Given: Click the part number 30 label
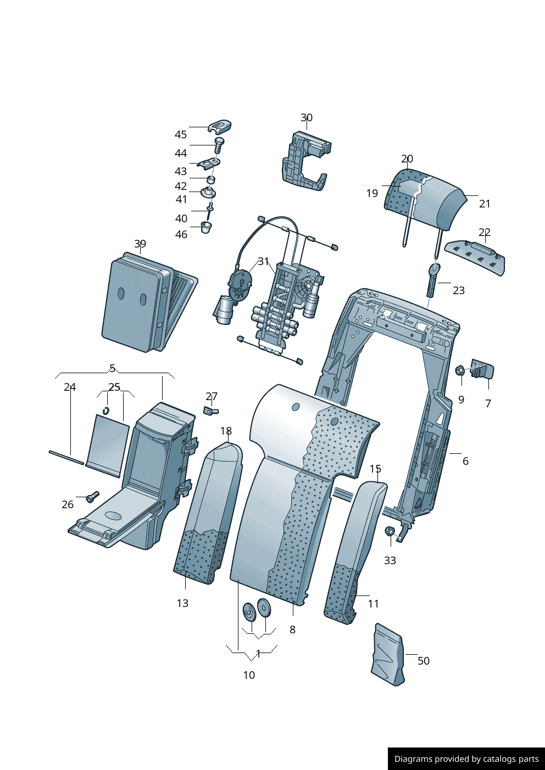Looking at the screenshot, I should click(307, 117).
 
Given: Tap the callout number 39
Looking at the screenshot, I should click(140, 244).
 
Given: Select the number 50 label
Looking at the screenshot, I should click(424, 661).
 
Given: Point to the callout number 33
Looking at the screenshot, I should click(390, 560).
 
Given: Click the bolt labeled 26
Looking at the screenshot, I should click(92, 497).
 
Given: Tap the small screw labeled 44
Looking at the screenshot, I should click(219, 144).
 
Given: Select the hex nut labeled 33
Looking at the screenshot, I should click(390, 531).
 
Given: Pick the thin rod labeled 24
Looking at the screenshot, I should click(66, 457).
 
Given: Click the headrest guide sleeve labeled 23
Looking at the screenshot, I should click(432, 280).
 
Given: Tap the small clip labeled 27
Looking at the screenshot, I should click(210, 410).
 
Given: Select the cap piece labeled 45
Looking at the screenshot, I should click(220, 127).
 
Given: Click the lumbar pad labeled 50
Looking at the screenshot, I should click(388, 654).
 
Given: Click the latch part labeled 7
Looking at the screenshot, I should click(482, 370).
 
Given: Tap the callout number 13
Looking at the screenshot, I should click(182, 603).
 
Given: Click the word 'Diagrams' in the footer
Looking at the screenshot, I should click(413, 759).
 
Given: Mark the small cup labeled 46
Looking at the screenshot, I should click(205, 227).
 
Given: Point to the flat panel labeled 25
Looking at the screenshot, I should click(108, 446).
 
